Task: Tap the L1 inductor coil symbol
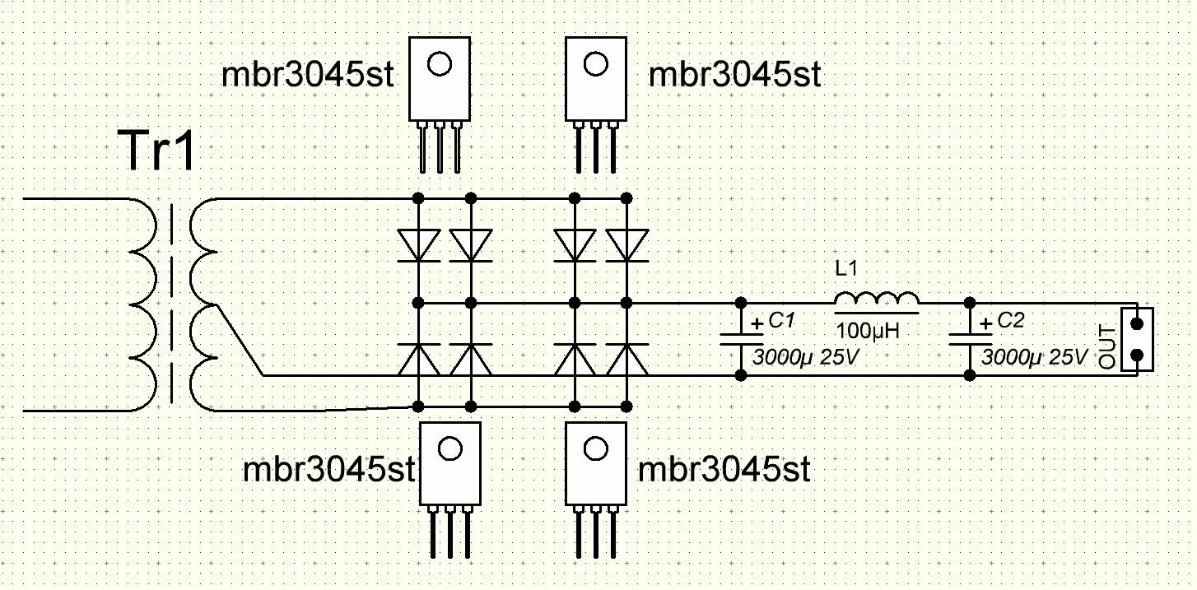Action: click(877, 302)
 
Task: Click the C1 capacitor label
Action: click(780, 321)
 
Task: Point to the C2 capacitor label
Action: click(1010, 321)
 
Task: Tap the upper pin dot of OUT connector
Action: click(1137, 323)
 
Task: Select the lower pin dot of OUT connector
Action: click(1137, 355)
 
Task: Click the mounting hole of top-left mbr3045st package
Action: click(440, 64)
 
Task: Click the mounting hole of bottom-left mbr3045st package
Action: click(449, 448)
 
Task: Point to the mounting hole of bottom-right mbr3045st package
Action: click(594, 448)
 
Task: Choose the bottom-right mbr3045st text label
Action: click(724, 471)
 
